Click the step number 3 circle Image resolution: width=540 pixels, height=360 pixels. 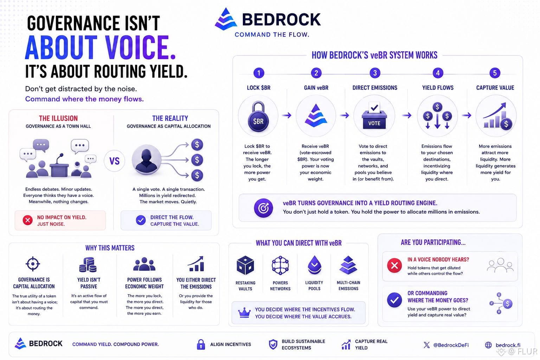pyautogui.click(x=375, y=73)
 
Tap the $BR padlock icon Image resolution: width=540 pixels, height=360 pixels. pyautogui.click(x=258, y=117)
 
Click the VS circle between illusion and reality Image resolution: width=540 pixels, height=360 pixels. pyautogui.click(x=114, y=161)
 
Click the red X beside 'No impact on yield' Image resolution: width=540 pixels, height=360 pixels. pyautogui.click(x=28, y=220)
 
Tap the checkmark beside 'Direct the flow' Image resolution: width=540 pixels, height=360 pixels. pyautogui.click(x=141, y=220)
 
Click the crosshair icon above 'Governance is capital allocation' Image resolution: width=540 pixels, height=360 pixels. pyautogui.click(x=33, y=264)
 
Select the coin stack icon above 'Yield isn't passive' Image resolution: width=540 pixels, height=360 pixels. pyautogui.click(x=88, y=264)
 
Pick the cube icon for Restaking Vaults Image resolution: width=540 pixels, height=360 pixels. pyautogui.click(x=245, y=265)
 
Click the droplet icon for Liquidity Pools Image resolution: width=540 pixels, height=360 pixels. pyautogui.click(x=314, y=265)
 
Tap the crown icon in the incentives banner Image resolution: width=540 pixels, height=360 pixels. pyautogui.click(x=244, y=313)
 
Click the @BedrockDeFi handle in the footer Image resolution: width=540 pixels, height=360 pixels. pyautogui.click(x=451, y=345)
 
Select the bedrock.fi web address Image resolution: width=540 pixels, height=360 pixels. pyautogui.click(x=508, y=345)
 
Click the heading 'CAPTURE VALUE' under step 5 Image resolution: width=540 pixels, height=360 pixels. pyautogui.click(x=495, y=88)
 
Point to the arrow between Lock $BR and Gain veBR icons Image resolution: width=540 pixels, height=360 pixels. pyautogui.click(x=287, y=116)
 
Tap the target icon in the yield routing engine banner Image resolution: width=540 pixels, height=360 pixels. pyautogui.click(x=263, y=208)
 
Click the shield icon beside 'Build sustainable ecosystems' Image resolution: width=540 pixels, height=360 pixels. pyautogui.click(x=273, y=344)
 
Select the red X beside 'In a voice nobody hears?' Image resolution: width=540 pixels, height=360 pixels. pyautogui.click(x=394, y=265)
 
